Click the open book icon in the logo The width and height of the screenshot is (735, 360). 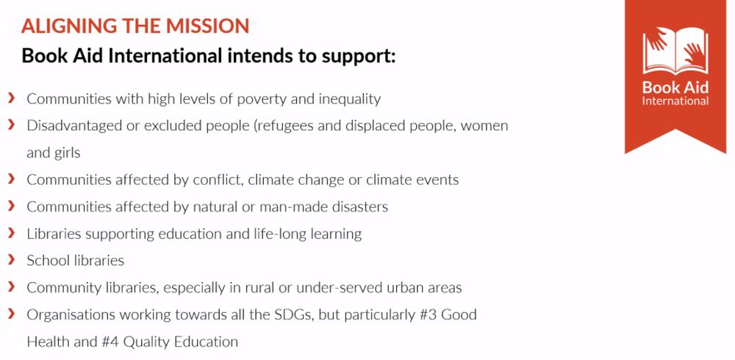(x=675, y=50)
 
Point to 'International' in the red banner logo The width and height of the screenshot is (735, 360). (x=675, y=101)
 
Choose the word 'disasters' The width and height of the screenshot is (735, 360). (x=359, y=207)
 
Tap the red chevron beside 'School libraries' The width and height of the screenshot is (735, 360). (x=12, y=259)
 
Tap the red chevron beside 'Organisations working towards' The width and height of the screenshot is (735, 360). (x=12, y=314)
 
